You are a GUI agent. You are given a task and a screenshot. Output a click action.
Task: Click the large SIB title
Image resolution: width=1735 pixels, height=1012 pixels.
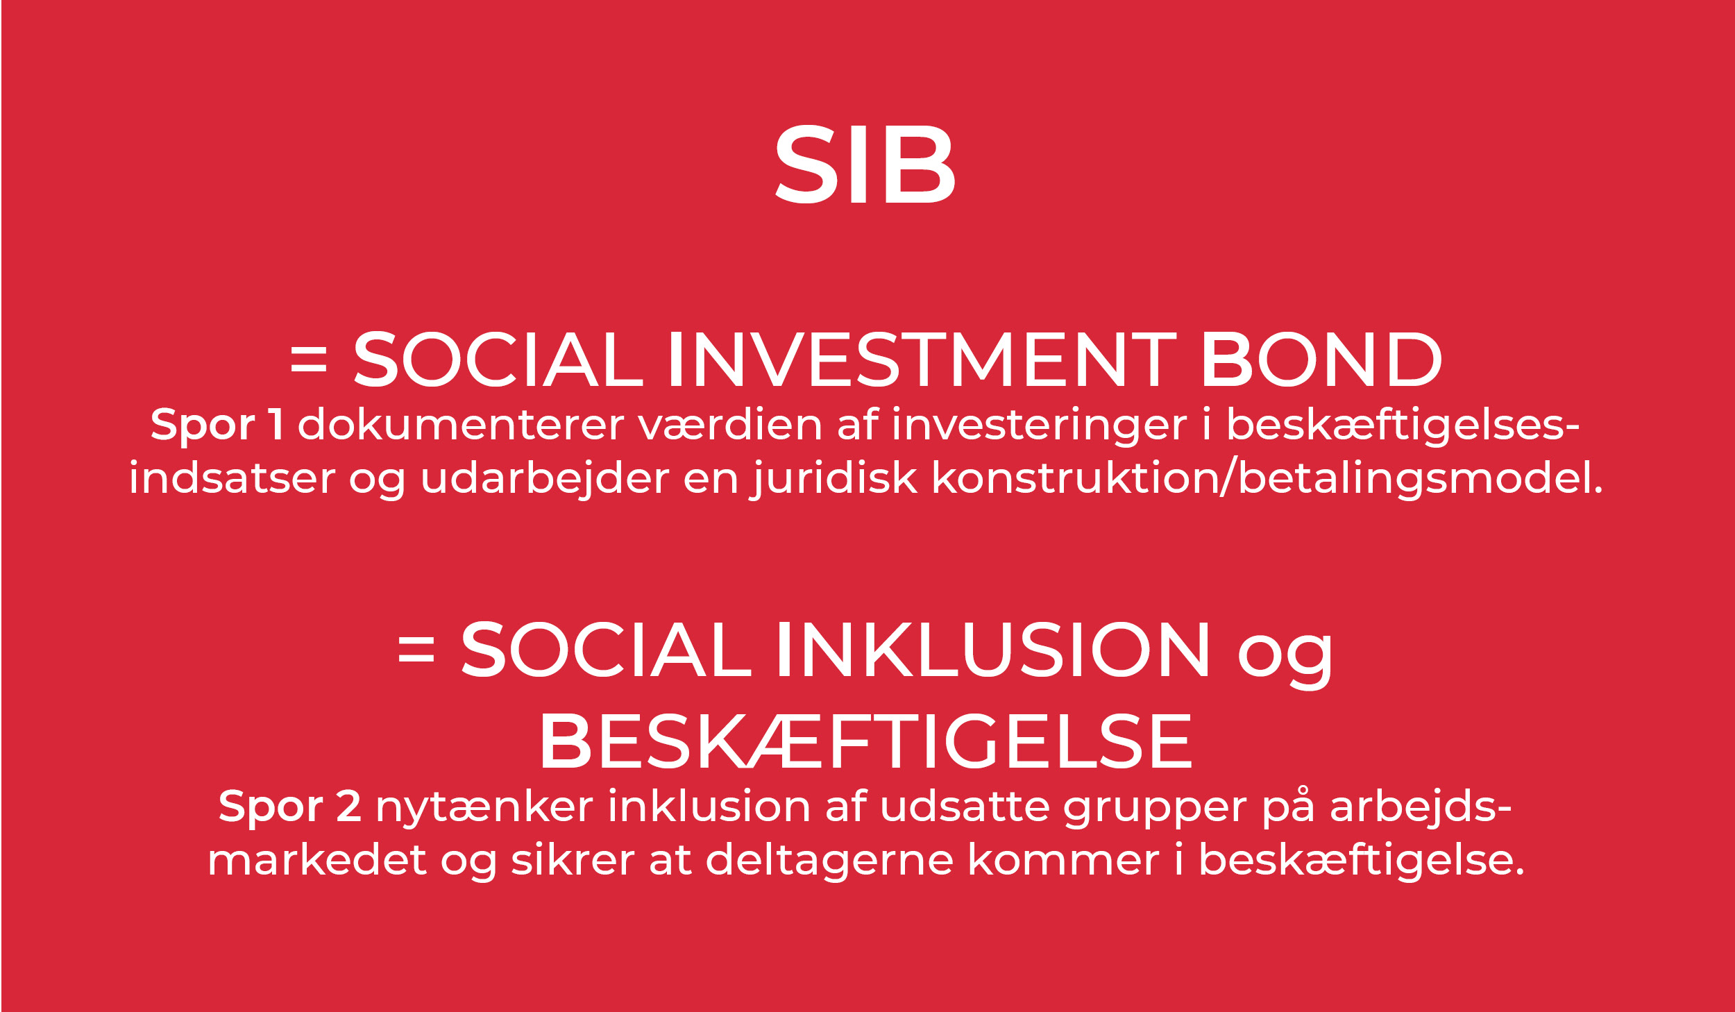tap(865, 165)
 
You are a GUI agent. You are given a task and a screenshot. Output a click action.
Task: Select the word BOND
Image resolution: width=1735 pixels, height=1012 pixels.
tap(1322, 360)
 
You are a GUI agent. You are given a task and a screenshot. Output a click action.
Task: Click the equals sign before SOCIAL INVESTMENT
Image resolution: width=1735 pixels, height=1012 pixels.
tap(309, 360)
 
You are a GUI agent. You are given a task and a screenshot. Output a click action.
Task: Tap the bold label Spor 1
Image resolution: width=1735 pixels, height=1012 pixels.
tap(217, 425)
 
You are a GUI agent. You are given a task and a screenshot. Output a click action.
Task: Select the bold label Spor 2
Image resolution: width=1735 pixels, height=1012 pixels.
tap(289, 807)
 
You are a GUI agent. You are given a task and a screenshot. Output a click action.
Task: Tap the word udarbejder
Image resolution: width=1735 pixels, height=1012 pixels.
tap(545, 480)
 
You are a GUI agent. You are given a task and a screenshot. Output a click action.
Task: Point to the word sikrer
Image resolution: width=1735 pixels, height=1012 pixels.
tap(573, 860)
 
